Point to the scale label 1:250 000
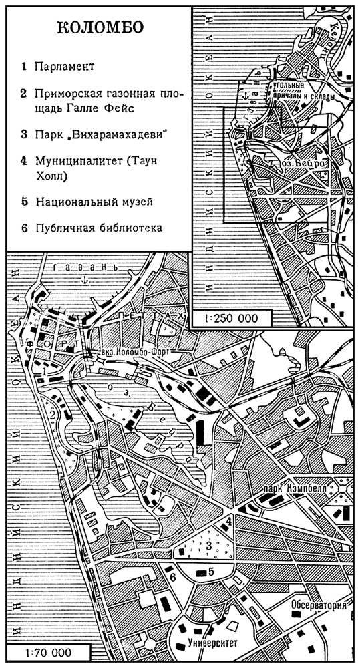pyautogui.click(x=232, y=318)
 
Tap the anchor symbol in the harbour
pyautogui.click(x=83, y=284)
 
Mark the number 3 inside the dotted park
pyautogui.click(x=209, y=547)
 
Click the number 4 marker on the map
pyautogui.click(x=229, y=520)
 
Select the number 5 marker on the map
pyautogui.click(x=210, y=572)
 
